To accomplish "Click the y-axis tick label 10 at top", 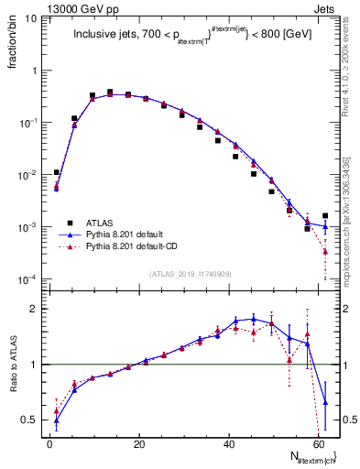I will (32, 18).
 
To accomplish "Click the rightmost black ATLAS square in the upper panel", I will (325, 216).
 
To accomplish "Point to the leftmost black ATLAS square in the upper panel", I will (56, 172).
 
